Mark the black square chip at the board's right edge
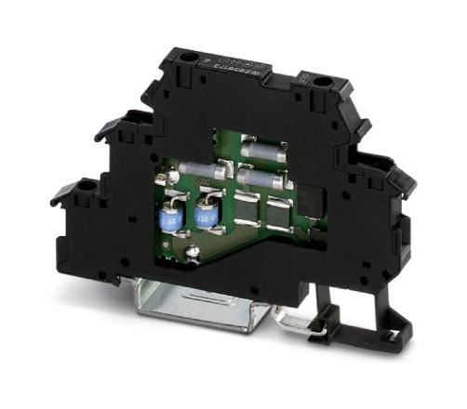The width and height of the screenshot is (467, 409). pyautogui.click(x=306, y=197)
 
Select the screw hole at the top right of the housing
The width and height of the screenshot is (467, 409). pyautogui.click(x=322, y=83)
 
